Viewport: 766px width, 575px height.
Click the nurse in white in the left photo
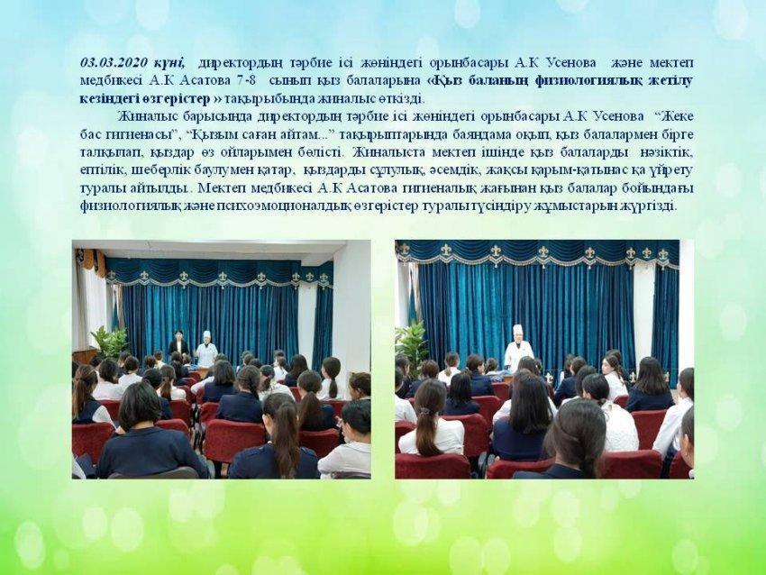click(206, 350)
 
